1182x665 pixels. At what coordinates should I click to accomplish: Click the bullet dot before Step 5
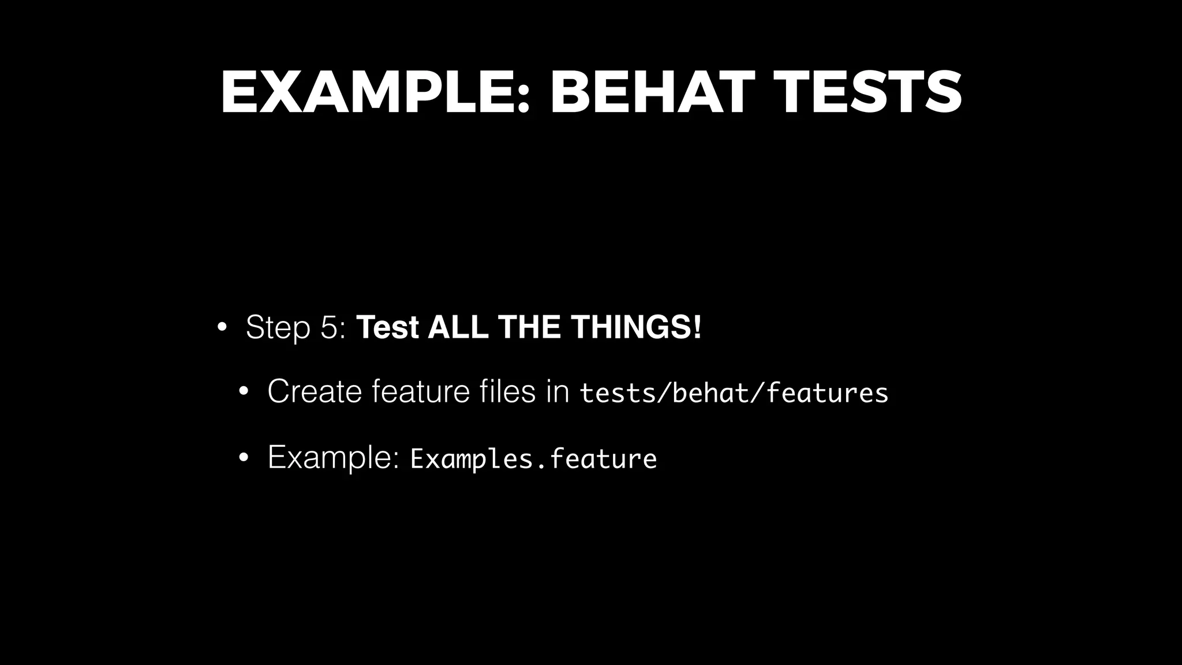point(222,327)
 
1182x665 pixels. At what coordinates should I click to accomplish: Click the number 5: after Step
point(332,327)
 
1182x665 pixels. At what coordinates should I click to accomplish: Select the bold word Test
point(387,327)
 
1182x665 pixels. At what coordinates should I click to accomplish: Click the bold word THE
point(530,327)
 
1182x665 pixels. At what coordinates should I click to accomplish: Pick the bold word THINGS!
point(636,327)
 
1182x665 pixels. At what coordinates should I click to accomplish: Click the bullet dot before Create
point(243,393)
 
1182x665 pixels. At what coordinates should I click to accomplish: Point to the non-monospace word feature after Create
point(421,391)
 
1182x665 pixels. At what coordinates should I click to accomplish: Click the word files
point(508,391)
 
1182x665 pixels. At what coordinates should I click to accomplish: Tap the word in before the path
point(558,391)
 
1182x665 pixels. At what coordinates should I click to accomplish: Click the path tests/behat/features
point(734,393)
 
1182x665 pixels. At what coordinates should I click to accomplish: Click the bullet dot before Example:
point(243,458)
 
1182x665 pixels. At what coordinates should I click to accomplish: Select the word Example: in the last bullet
point(334,458)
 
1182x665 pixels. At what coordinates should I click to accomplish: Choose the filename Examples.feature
point(533,459)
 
